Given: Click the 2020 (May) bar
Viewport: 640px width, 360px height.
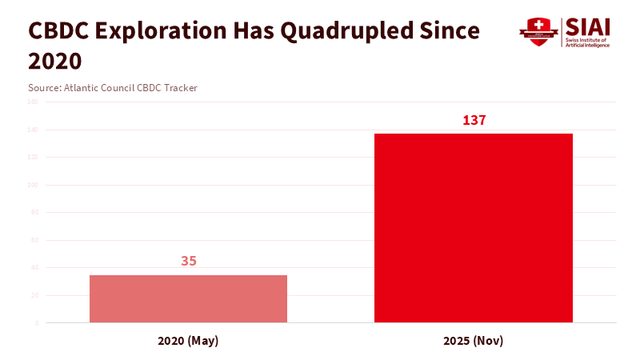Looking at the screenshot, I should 188,298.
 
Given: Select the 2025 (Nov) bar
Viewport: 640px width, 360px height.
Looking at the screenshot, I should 474,228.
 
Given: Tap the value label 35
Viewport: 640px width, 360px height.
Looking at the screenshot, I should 188,261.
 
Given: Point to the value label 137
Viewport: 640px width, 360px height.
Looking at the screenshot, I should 474,120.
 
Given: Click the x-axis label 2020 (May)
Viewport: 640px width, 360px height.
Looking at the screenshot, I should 188,341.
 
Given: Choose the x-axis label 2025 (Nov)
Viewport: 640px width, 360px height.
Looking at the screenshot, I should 474,341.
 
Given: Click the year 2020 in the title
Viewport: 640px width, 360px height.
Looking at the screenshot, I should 55,61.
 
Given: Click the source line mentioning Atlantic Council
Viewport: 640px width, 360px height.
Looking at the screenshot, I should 113,88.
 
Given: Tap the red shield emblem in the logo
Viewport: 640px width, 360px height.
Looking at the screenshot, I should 538,32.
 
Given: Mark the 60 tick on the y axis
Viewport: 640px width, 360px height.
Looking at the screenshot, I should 34,240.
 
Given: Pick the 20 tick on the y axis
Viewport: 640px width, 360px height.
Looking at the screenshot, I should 34,295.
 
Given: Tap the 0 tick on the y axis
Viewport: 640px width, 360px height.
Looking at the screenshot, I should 35,323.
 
